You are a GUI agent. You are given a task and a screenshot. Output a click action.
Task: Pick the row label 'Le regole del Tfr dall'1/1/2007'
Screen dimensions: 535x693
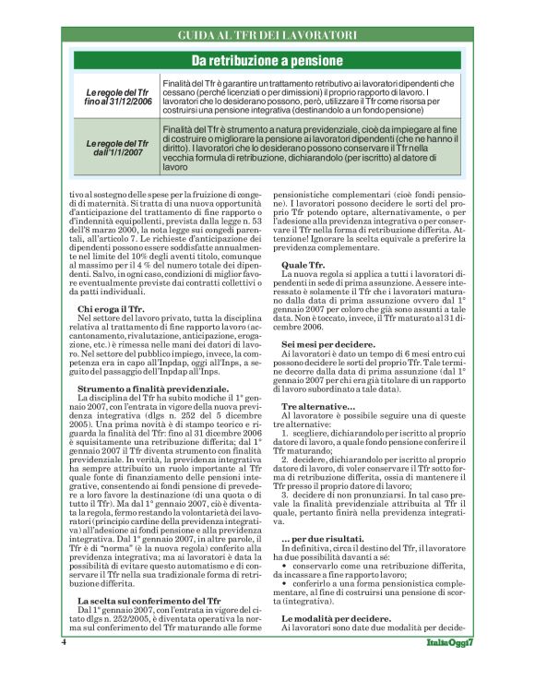116,148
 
